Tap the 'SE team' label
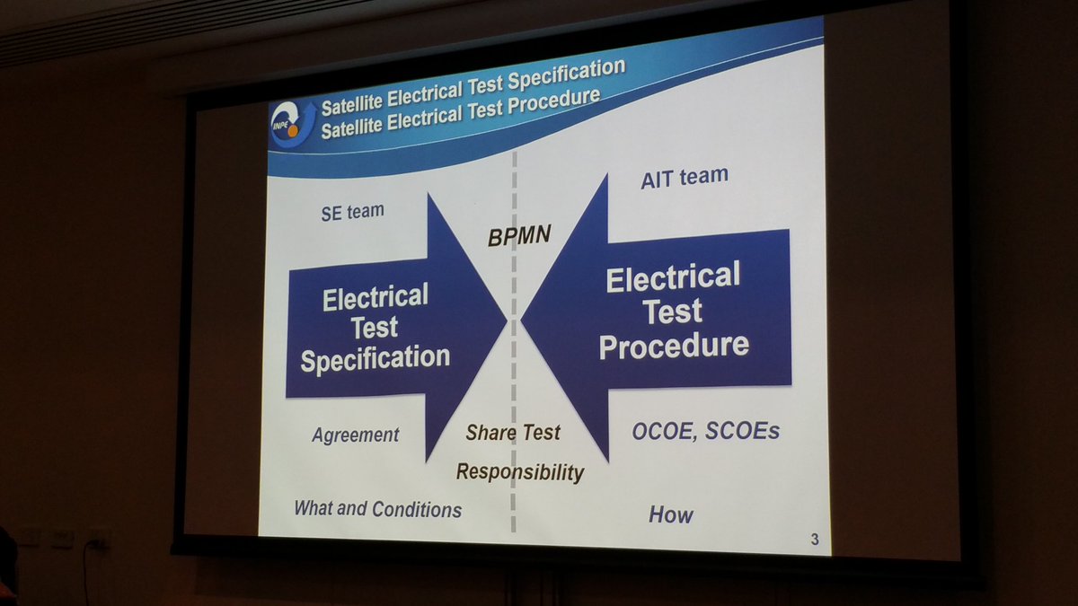pyautogui.click(x=353, y=212)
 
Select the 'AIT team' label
pyautogui.click(x=685, y=178)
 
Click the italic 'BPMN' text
pyautogui.click(x=519, y=235)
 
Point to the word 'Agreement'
pyautogui.click(x=355, y=435)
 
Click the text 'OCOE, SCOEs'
pyautogui.click(x=705, y=432)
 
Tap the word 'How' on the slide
pyautogui.click(x=671, y=514)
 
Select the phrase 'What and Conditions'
pyautogui.click(x=378, y=509)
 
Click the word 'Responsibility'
pyautogui.click(x=520, y=472)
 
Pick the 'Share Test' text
pyautogui.click(x=513, y=433)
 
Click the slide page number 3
pyautogui.click(x=814, y=540)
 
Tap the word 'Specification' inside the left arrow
pyautogui.click(x=376, y=358)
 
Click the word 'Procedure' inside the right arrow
pyautogui.click(x=674, y=346)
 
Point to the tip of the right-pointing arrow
pyautogui.click(x=508, y=321)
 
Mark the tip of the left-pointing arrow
pyautogui.click(x=522, y=319)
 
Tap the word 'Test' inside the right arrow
pyautogui.click(x=673, y=312)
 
